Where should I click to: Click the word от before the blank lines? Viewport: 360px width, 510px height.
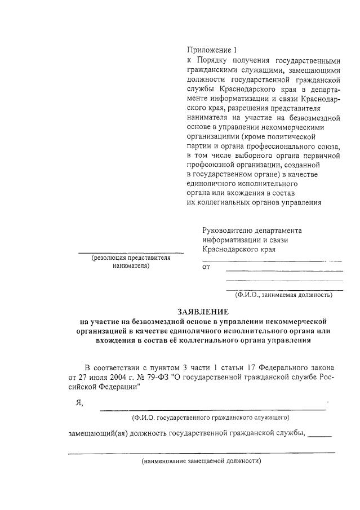click(206, 267)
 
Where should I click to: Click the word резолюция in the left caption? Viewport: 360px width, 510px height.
click(110, 258)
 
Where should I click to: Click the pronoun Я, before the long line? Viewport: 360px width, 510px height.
click(78, 402)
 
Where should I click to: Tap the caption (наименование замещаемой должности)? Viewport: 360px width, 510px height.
click(201, 460)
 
